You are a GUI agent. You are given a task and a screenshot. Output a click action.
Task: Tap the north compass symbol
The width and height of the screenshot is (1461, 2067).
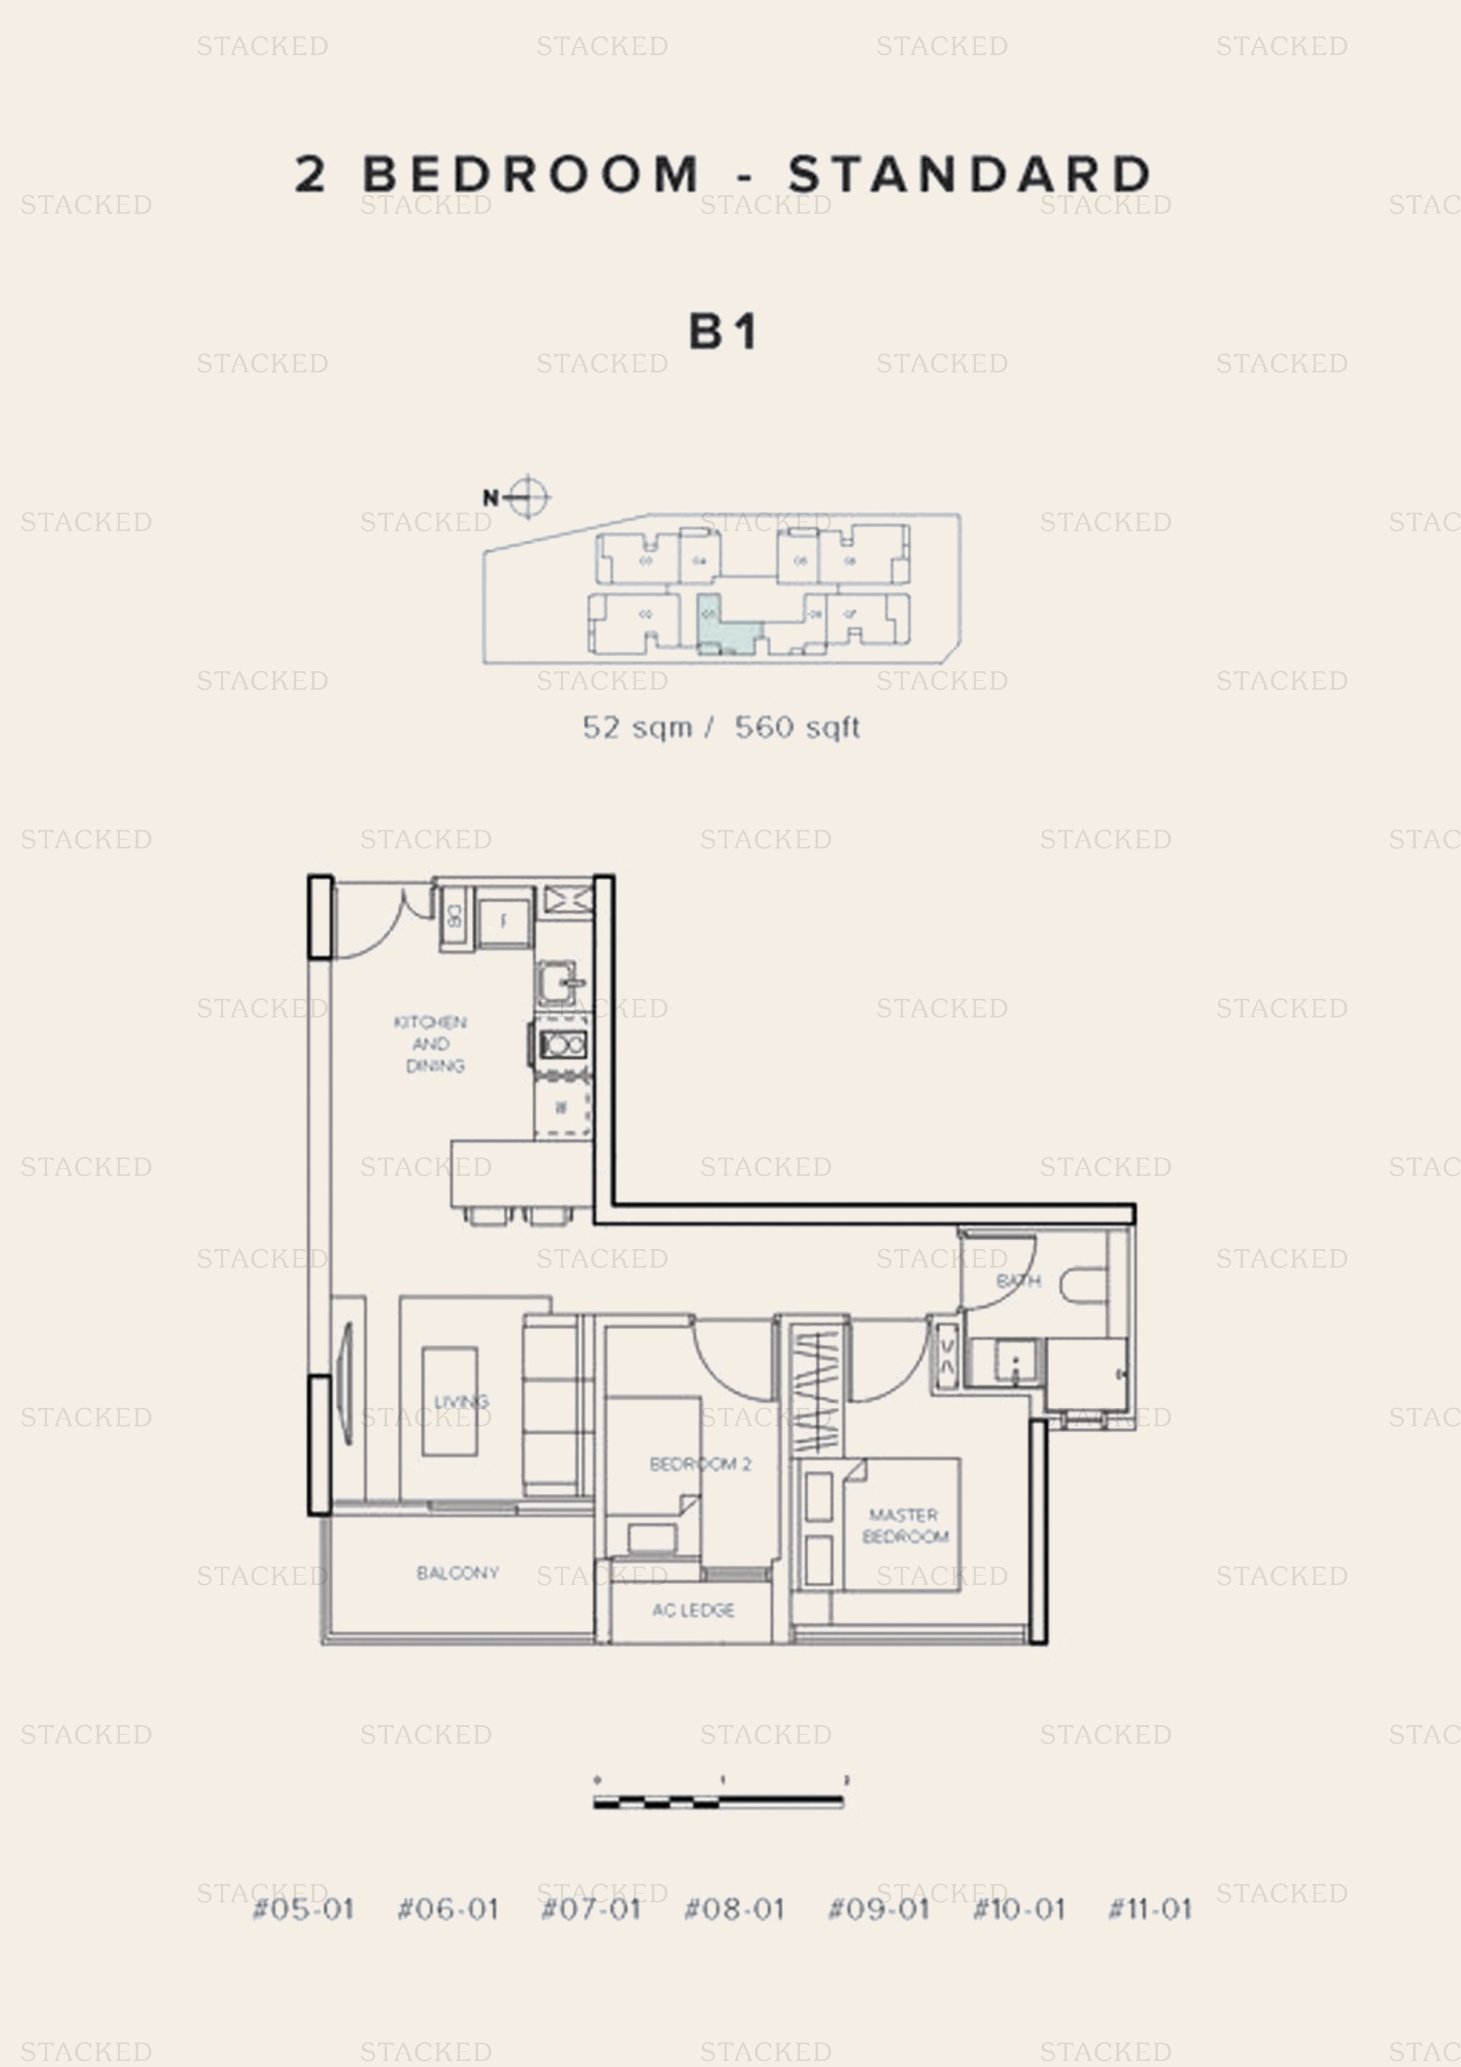[x=527, y=497]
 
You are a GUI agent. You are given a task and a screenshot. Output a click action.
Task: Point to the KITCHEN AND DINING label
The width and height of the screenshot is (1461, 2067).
[x=431, y=1044]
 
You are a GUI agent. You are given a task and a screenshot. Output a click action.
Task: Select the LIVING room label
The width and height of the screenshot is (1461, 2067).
[x=461, y=1402]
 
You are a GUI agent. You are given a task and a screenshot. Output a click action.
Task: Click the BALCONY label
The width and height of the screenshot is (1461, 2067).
[x=457, y=1573]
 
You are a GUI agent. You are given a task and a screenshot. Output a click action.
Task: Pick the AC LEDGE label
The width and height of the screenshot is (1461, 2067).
[x=693, y=1610]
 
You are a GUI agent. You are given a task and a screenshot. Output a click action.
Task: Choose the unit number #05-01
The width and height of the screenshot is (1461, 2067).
[x=303, y=1910]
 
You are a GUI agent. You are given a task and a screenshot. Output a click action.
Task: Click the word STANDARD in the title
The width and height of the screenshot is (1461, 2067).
[x=970, y=174]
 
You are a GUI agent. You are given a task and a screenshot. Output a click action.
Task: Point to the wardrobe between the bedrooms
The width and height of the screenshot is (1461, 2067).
[x=817, y=1392]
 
